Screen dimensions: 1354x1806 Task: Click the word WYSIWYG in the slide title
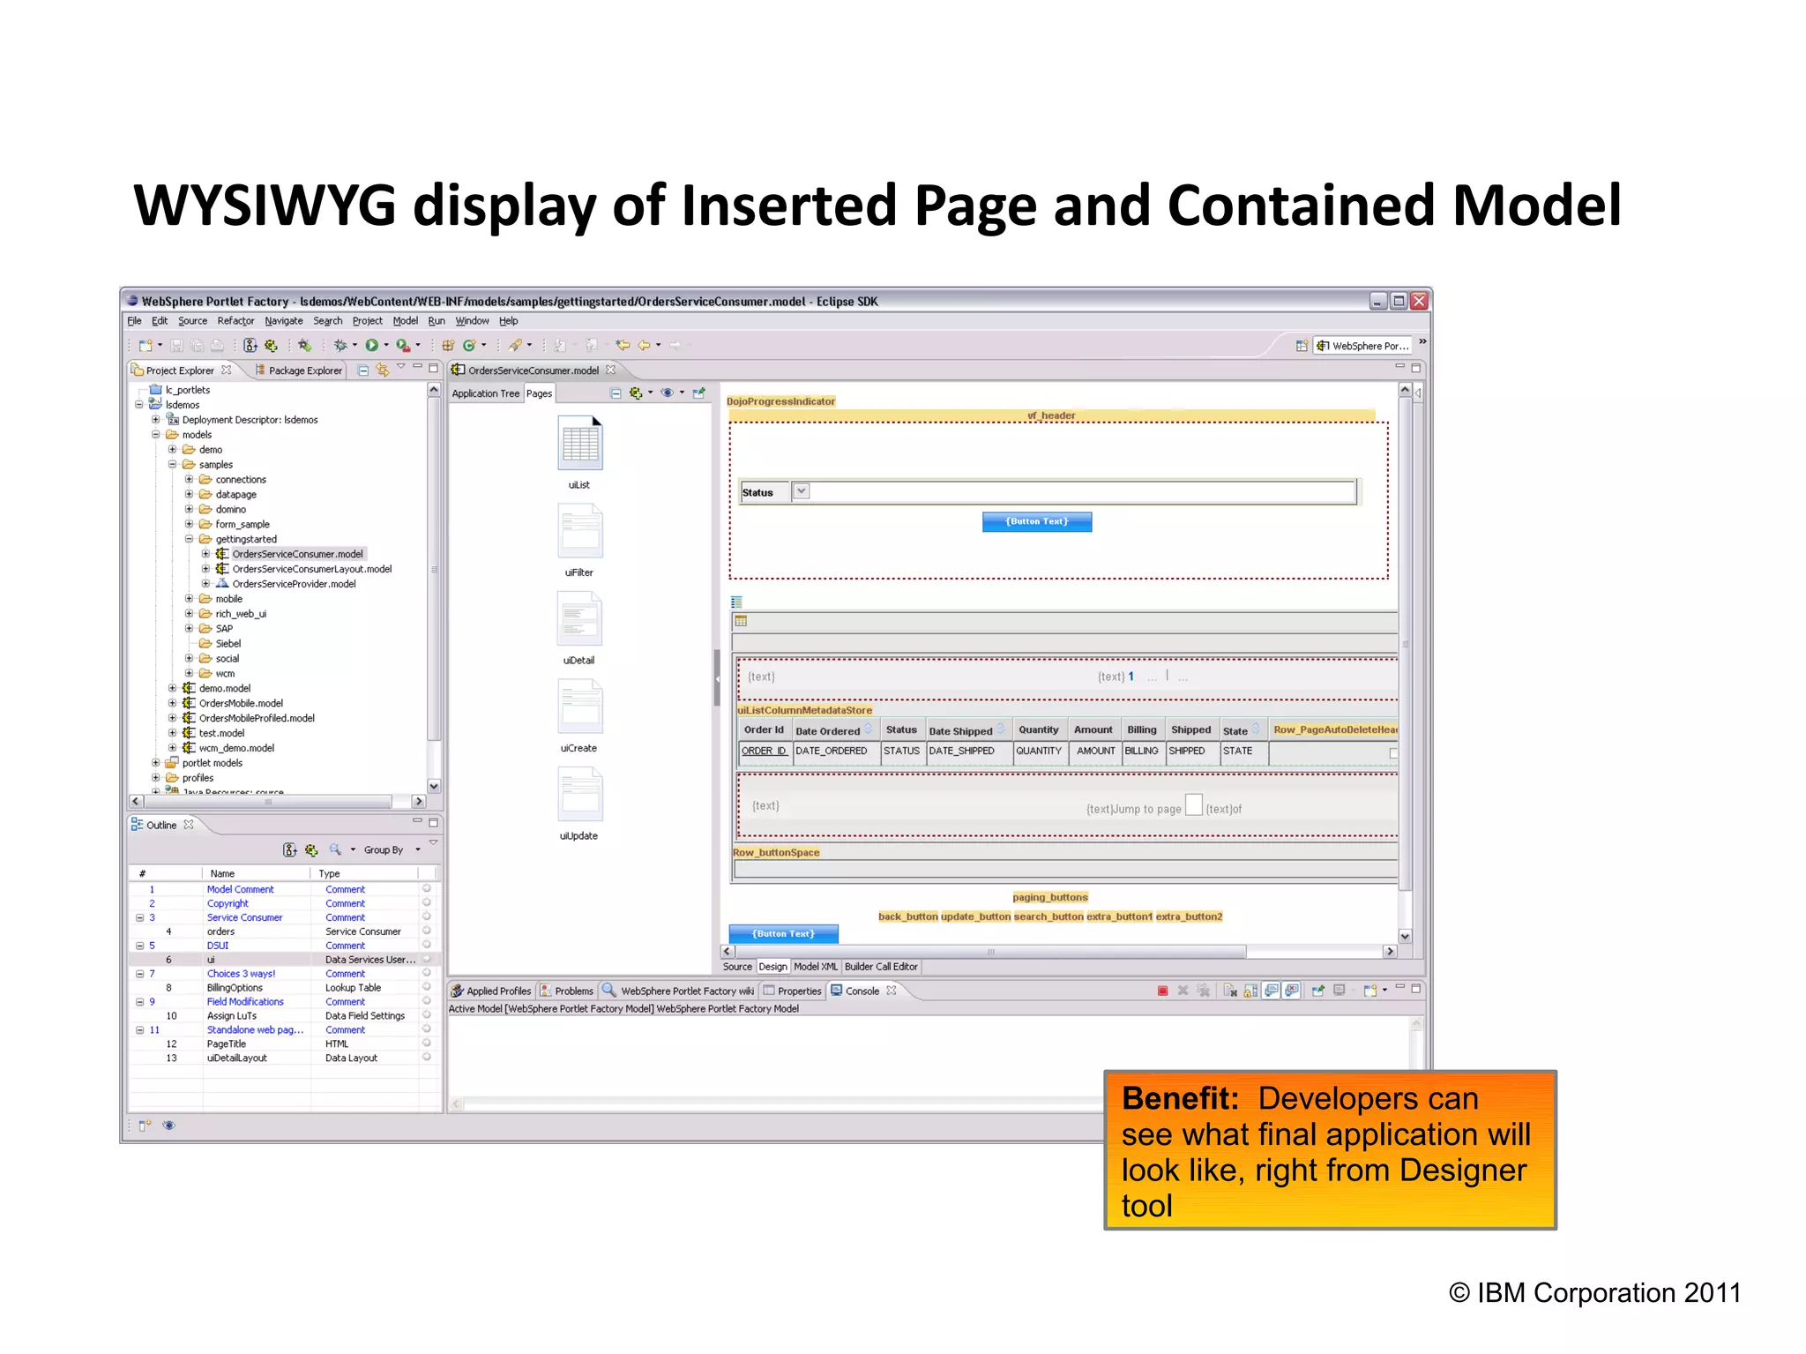[265, 206]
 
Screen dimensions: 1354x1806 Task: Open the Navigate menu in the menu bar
[283, 321]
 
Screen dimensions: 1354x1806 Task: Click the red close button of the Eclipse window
[1419, 301]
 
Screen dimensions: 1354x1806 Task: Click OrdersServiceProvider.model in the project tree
[294, 584]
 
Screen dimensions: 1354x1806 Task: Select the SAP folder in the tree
[224, 629]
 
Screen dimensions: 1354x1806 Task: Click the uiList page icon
[579, 444]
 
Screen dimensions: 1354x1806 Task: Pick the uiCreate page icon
[579, 707]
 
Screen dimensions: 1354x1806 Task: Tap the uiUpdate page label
[578, 836]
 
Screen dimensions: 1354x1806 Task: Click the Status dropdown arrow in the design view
[801, 491]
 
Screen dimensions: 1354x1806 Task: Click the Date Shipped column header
[960, 730]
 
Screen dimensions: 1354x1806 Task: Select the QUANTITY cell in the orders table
[1039, 751]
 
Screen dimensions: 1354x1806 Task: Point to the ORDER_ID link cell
[764, 751]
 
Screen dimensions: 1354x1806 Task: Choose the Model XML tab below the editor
[816, 967]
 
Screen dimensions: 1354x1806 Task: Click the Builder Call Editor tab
[881, 967]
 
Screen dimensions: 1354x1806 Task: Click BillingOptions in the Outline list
[235, 988]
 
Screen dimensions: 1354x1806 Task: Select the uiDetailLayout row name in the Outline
[236, 1058]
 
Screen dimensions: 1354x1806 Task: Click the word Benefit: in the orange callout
[1180, 1099]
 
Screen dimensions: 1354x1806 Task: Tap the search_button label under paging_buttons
[1049, 916]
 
